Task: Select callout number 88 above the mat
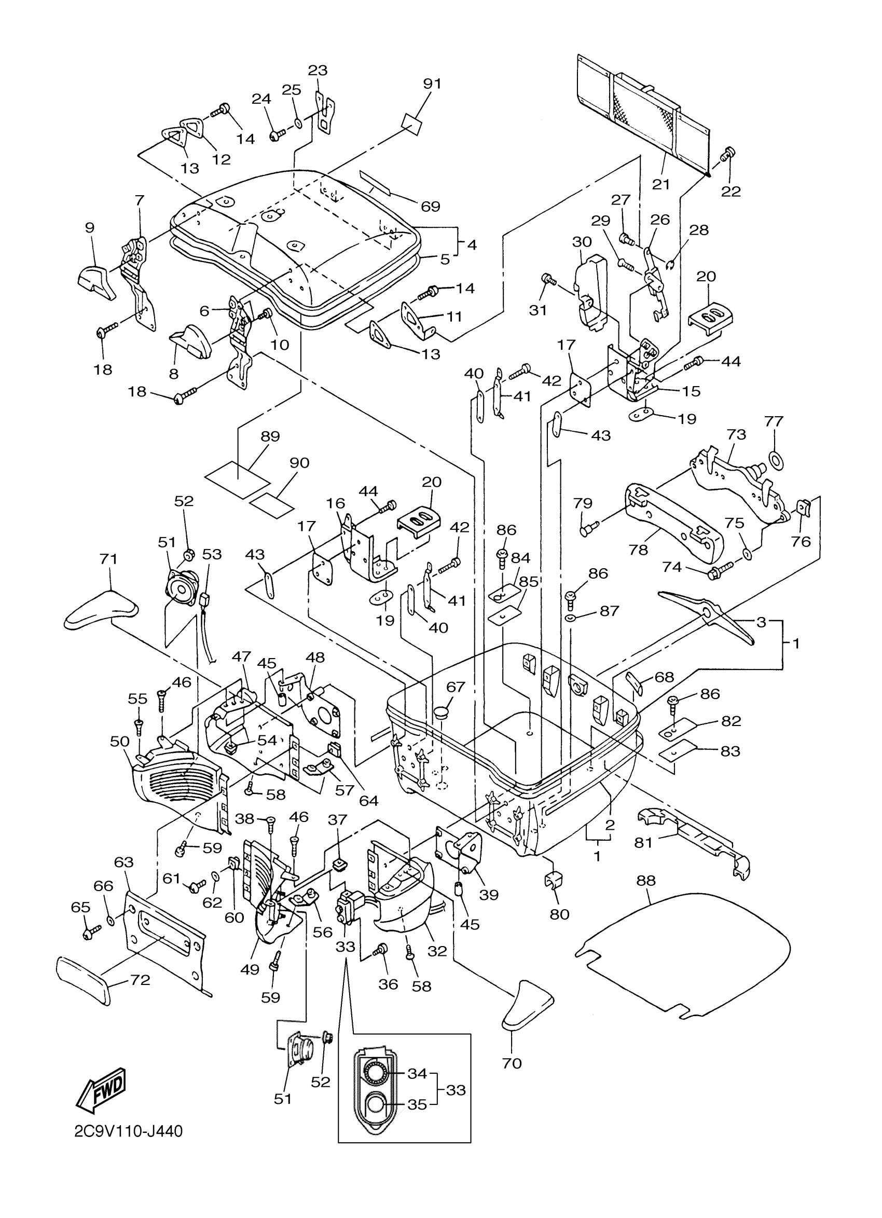click(x=646, y=880)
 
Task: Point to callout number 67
click(x=456, y=687)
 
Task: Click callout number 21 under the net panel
click(x=661, y=184)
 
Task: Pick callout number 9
click(x=89, y=228)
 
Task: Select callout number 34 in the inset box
click(x=417, y=1074)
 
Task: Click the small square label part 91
click(x=412, y=125)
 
